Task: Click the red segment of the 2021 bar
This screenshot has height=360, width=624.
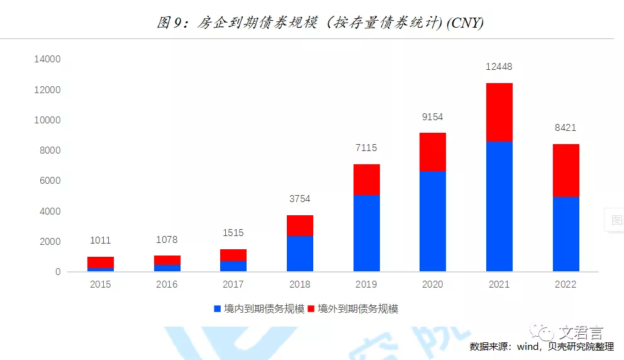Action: (499, 112)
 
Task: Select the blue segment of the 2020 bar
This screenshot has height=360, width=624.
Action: (433, 221)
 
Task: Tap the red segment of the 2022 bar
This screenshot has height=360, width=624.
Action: (565, 171)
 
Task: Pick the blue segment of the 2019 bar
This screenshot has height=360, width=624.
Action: (366, 233)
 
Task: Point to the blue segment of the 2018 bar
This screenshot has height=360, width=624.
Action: (300, 254)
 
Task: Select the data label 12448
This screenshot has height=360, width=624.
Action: (499, 66)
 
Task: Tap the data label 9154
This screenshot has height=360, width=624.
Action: (433, 117)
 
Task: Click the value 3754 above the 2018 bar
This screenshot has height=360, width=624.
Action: (300, 199)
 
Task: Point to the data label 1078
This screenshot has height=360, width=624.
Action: (167, 240)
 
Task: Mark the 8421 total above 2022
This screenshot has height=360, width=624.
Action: (565, 128)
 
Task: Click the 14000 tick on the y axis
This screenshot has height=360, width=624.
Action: (47, 59)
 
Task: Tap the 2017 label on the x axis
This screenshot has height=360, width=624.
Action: (233, 284)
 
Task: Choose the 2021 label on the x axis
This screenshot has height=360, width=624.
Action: (499, 284)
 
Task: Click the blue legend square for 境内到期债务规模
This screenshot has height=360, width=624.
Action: (218, 309)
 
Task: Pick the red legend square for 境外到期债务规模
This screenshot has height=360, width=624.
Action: (311, 309)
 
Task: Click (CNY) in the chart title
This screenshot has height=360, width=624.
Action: (464, 23)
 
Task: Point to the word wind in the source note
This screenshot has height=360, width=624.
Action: (527, 347)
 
